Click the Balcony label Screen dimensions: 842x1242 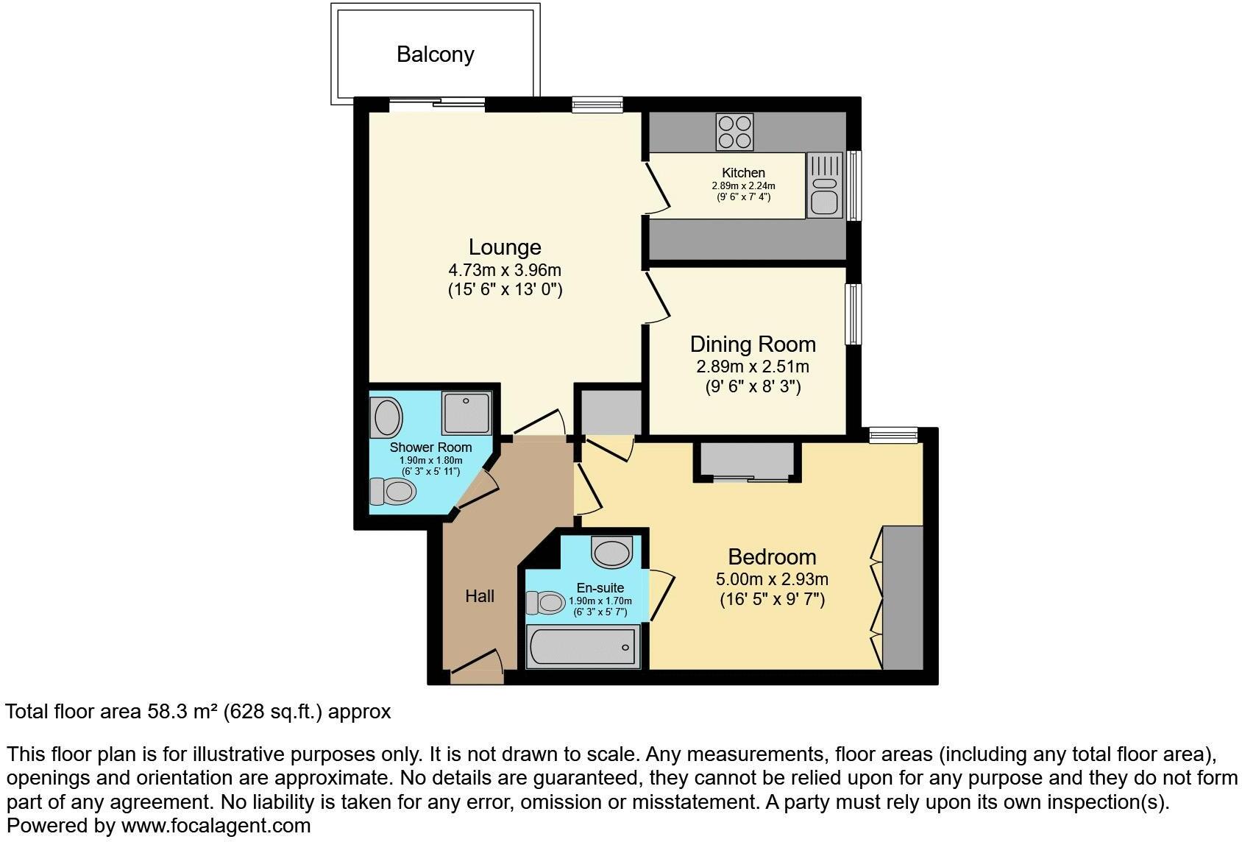pos(435,54)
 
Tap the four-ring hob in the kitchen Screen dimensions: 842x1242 pos(734,132)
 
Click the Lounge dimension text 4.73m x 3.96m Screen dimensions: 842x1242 pos(505,270)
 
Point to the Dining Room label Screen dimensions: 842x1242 pos(752,344)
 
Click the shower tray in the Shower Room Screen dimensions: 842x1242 pos(466,412)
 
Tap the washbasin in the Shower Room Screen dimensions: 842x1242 pos(388,417)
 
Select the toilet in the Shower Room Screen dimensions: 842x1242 pos(392,490)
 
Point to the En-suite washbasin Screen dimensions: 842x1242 pos(612,551)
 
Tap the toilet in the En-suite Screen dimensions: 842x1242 pos(545,604)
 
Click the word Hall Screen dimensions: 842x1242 pos(480,596)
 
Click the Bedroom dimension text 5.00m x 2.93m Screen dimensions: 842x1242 pos(772,579)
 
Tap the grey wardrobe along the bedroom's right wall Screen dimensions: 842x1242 pos(903,598)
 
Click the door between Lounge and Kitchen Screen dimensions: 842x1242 pos(658,188)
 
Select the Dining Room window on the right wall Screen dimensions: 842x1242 pos(854,314)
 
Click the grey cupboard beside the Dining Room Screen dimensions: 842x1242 pos(611,411)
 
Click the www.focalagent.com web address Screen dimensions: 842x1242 pos(216,826)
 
